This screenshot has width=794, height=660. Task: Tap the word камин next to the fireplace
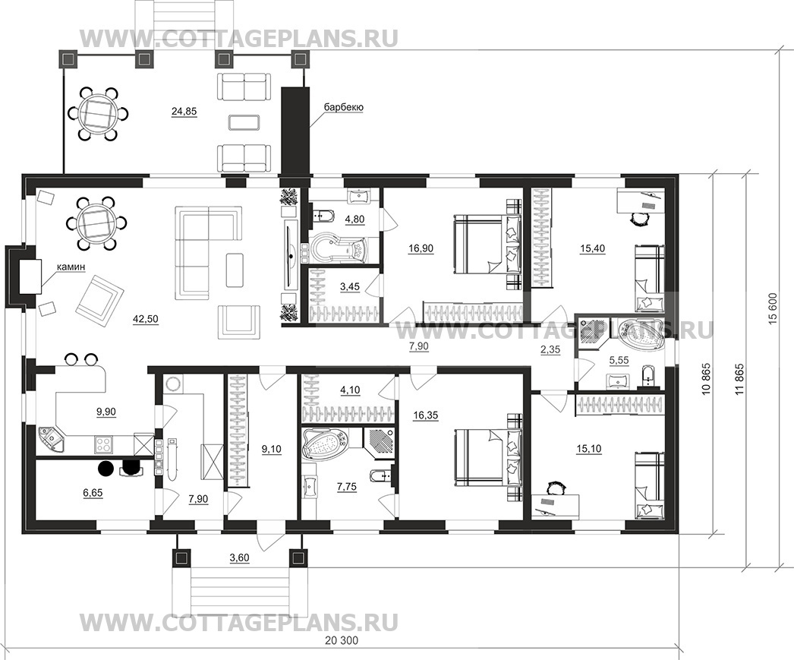coord(68,267)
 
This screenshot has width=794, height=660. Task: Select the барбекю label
coord(343,108)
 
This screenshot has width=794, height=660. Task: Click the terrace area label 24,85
coord(184,112)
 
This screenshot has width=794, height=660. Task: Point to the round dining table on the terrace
coord(97,114)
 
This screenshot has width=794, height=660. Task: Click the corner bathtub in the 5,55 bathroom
coord(639,334)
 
